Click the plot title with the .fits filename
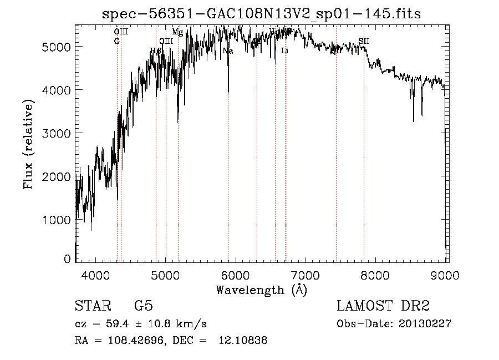(x=262, y=14)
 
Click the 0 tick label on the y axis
(x=67, y=259)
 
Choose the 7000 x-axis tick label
(x=306, y=274)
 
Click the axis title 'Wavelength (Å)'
(x=261, y=290)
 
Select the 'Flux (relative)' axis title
(x=28, y=144)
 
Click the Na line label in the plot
(x=227, y=51)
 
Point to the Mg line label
(x=177, y=32)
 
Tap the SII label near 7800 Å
(x=363, y=41)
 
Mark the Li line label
(x=284, y=50)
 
